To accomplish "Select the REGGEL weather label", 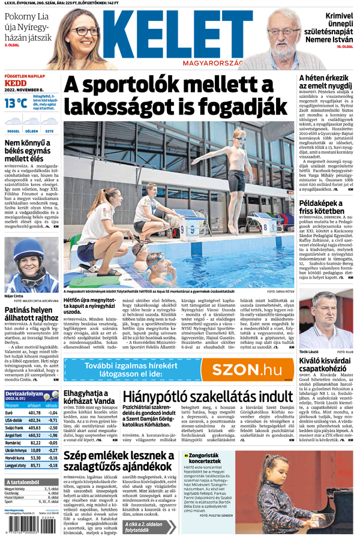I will pyautogui.click(x=13, y=130).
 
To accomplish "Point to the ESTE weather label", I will pyautogui.click(x=49, y=130).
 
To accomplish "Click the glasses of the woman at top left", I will pyautogui.click(x=85, y=31).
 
